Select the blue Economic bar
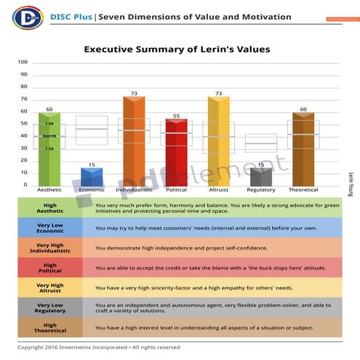tap(92, 176)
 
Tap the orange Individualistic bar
tap(134, 142)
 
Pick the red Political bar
tap(176, 153)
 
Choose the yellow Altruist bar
tap(218, 142)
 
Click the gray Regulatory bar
tap(260, 177)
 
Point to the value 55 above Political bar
tap(176, 116)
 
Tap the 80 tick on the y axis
tap(24, 87)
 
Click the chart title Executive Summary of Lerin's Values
tap(177, 49)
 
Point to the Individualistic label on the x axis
tap(134, 190)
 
